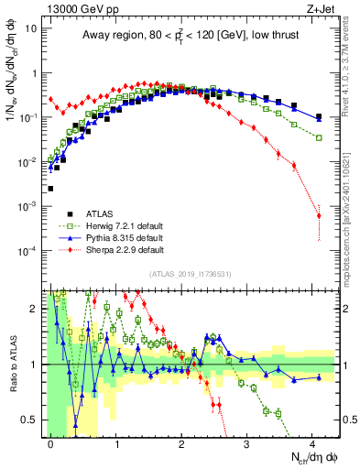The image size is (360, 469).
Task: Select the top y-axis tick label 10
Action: [x=29, y=27]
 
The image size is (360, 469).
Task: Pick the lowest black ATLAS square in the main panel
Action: [x=50, y=189]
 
